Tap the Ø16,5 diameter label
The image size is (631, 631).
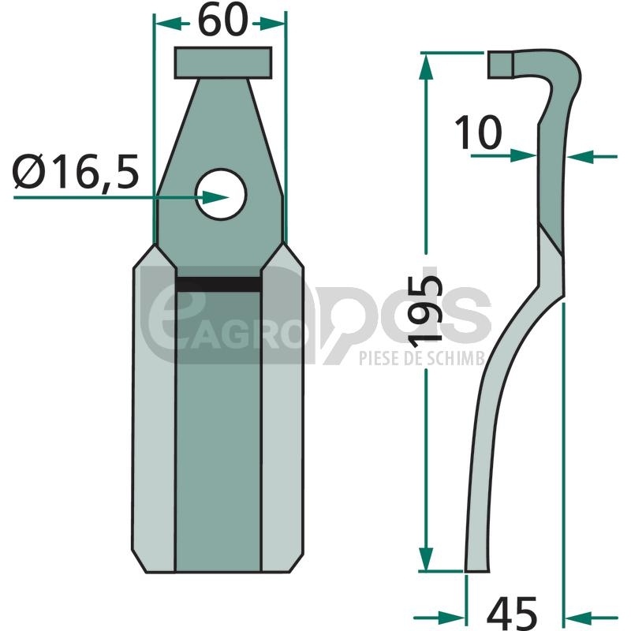pos(76,172)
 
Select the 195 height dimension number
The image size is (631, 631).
pos(425,312)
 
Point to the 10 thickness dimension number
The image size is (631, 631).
pos(478,132)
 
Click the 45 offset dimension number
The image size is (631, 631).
pos(511,614)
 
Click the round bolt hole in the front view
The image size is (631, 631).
pos(221,194)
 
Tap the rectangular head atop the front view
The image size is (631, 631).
pos(223,62)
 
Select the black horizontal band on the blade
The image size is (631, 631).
pos(218,284)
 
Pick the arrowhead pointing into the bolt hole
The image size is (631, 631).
pos(215,198)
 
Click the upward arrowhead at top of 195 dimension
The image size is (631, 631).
pos(426,69)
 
